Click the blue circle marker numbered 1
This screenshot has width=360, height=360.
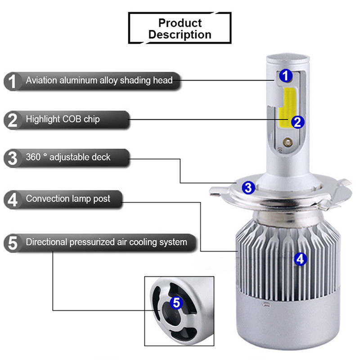(x=286, y=76)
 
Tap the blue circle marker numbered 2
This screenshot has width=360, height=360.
(x=297, y=122)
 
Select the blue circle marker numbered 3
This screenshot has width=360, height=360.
(x=248, y=188)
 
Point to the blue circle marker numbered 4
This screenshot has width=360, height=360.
(x=300, y=259)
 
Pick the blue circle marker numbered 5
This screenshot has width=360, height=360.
(x=176, y=302)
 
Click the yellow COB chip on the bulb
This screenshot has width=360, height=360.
(x=287, y=108)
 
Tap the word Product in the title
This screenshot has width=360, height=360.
(x=180, y=23)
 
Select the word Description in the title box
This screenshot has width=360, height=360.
(x=180, y=35)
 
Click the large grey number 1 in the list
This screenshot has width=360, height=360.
(x=12, y=81)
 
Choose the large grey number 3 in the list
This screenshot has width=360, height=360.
(x=13, y=158)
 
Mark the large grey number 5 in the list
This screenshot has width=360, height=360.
(x=13, y=243)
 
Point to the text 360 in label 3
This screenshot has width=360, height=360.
(x=33, y=157)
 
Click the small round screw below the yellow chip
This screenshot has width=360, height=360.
(x=287, y=142)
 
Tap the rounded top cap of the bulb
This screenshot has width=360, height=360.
(x=288, y=59)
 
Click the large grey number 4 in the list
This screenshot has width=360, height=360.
(x=13, y=199)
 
